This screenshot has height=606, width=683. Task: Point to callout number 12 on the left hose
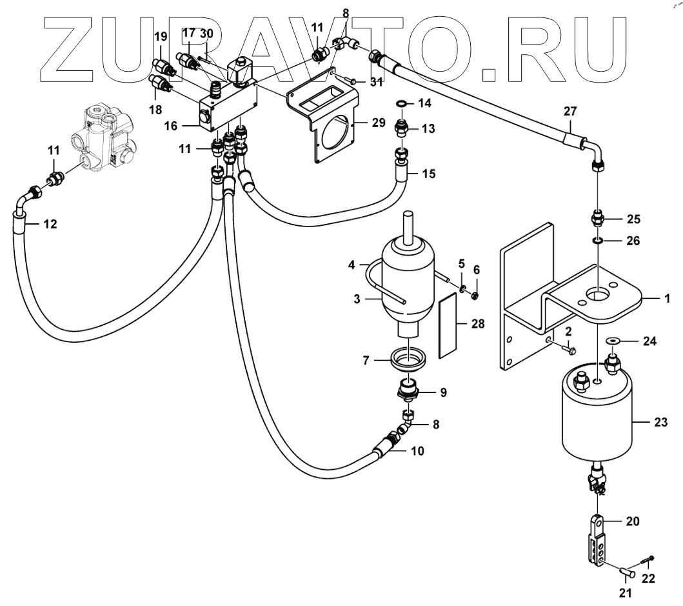pyautogui.click(x=50, y=225)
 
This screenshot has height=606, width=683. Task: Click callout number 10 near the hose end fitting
pyautogui.click(x=417, y=451)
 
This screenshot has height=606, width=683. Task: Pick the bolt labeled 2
pyautogui.click(x=569, y=350)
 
